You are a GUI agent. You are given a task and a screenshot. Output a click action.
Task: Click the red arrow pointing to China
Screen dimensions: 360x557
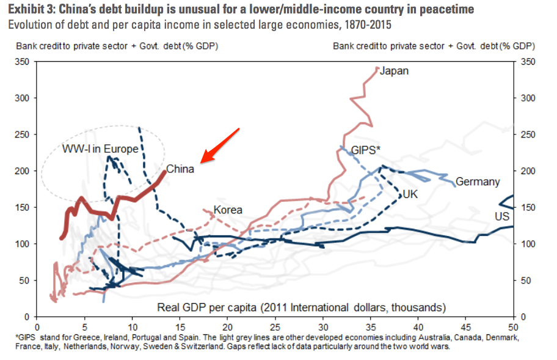pos(220,145)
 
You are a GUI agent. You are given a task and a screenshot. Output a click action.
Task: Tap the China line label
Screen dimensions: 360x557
pos(180,169)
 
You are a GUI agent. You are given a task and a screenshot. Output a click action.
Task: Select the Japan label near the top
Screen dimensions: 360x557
pos(394,71)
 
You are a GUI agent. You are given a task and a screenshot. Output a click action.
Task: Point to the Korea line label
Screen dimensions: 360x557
pos(227,210)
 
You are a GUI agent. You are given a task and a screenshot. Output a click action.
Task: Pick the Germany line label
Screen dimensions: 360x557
pos(478,182)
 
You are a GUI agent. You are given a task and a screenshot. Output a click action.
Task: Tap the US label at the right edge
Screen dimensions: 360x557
pos(501,216)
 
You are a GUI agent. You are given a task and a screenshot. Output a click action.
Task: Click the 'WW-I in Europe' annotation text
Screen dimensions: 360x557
pos(100,149)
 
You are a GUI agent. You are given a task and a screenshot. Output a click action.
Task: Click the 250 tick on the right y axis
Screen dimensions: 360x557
pos(527,134)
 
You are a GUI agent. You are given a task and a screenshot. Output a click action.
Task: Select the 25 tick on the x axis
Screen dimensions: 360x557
pos(275,327)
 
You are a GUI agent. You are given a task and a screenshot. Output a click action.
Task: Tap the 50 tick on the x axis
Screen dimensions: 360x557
pos(513,327)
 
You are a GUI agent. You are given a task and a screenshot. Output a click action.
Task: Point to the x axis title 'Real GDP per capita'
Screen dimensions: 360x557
pos(302,306)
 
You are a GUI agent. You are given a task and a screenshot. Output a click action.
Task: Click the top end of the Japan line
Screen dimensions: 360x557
pos(377,67)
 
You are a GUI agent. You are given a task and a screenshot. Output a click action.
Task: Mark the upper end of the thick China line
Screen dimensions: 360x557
pos(165,172)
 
